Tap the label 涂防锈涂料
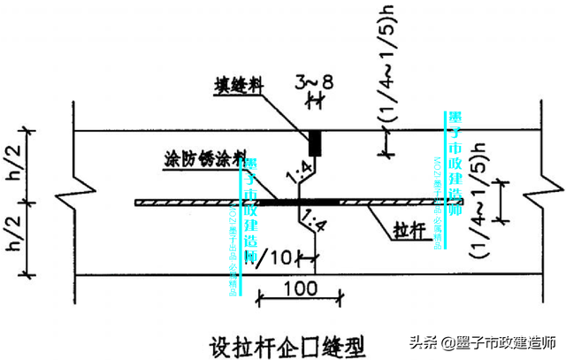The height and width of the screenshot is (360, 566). pos(201,159)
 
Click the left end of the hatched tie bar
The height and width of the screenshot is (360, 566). pos(140,203)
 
